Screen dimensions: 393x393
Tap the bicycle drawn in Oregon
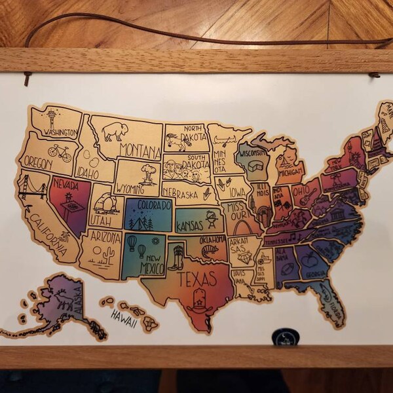pyautogui.click(x=59, y=153)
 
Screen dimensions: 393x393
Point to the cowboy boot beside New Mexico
pyautogui.click(x=175, y=258)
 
